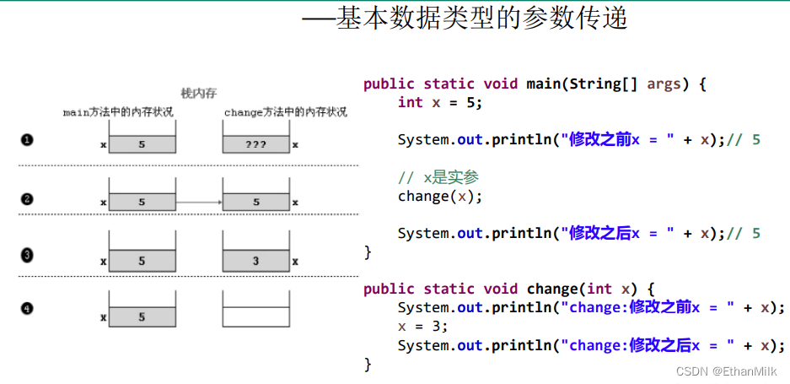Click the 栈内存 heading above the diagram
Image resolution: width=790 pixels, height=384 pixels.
point(199,93)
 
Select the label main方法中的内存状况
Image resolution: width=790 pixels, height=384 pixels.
point(118,111)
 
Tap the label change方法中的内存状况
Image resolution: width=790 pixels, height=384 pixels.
point(285,111)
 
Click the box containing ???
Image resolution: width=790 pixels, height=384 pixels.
point(255,144)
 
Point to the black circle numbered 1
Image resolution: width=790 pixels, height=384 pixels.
point(27,140)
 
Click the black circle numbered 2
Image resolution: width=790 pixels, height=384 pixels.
point(27,199)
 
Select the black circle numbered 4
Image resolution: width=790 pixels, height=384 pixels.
point(27,309)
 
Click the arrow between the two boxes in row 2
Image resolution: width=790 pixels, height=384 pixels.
point(198,203)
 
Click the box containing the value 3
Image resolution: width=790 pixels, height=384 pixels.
point(255,262)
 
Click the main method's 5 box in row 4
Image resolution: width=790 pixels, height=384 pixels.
point(142,317)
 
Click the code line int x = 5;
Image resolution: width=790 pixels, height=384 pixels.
point(439,102)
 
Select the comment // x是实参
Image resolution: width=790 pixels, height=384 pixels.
point(438,177)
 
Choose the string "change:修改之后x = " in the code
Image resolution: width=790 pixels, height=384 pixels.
point(645,345)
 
